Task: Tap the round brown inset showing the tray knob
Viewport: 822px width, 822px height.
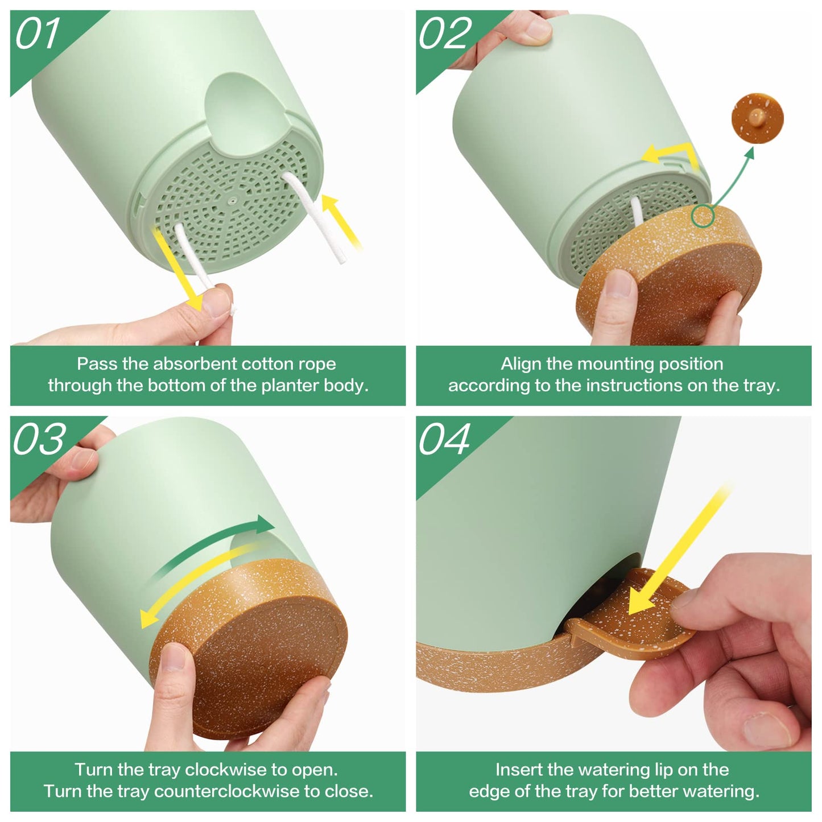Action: pos(757,118)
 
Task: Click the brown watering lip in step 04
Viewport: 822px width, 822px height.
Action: pos(629,614)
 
